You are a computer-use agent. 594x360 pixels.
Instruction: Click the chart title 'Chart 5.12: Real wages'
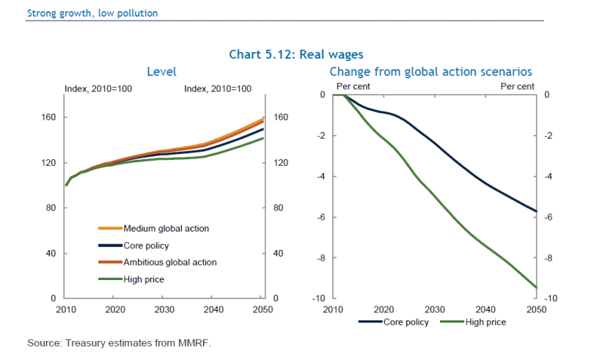(296, 54)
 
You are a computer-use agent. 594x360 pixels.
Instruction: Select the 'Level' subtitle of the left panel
(161, 71)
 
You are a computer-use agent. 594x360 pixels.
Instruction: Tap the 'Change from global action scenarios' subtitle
(430, 71)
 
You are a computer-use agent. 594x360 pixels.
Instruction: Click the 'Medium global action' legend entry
(166, 229)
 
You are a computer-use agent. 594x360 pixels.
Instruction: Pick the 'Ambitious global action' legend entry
(170, 262)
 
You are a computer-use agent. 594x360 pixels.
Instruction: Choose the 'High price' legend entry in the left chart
(144, 279)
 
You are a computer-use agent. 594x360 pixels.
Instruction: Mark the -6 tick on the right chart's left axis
(320, 217)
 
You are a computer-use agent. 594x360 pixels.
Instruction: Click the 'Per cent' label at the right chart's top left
(353, 87)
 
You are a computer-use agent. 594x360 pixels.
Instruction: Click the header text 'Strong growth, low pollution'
(92, 13)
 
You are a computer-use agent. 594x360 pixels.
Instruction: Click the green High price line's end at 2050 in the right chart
(538, 287)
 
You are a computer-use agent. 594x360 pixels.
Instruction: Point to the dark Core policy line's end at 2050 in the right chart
(538, 211)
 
